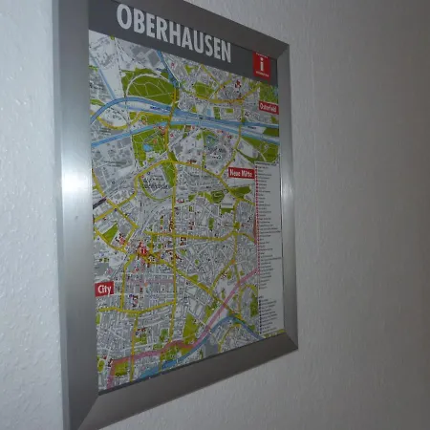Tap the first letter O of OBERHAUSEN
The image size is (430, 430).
pos(123,16)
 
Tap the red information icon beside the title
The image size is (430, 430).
pos(261,66)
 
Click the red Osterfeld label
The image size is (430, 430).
pos(269,108)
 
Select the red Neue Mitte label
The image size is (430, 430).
pos(241,174)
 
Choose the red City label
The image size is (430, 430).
pos(104,288)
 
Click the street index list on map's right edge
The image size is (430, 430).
pos(270,239)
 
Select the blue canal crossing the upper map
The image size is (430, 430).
pos(182,118)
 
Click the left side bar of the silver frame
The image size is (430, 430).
pos(75,210)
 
